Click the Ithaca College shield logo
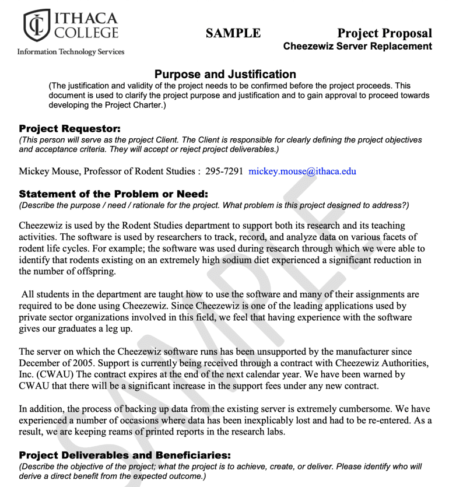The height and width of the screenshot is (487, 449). click(37, 25)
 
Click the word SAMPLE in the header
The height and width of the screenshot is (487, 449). click(233, 33)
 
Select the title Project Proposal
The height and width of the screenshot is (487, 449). click(384, 33)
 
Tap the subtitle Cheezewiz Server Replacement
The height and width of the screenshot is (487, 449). click(357, 46)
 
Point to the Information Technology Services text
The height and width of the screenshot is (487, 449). click(71, 52)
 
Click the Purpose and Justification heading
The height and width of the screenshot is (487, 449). click(225, 74)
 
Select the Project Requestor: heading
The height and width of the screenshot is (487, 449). click(69, 128)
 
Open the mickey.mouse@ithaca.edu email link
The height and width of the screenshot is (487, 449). click(302, 171)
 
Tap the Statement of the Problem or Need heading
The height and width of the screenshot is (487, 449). click(113, 194)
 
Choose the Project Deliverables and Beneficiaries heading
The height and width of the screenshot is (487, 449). click(125, 455)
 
